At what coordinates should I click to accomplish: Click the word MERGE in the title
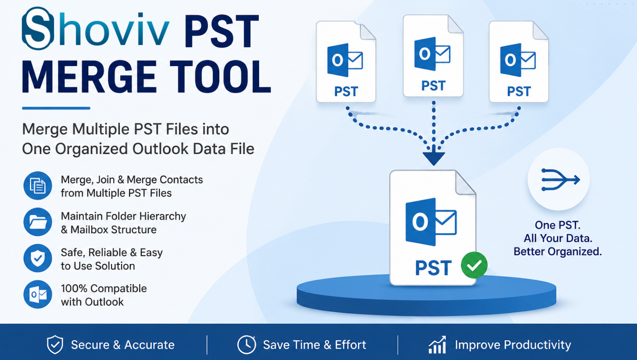point(89,77)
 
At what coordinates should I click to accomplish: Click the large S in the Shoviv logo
point(38,28)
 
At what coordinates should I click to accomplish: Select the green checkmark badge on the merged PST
point(474,265)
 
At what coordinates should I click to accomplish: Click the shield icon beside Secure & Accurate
point(55,344)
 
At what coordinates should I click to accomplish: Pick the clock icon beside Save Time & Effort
point(246,345)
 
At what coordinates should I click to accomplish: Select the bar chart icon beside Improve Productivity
point(438,345)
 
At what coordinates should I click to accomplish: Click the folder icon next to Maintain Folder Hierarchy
point(38,222)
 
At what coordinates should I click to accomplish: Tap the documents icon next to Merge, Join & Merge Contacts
point(38,186)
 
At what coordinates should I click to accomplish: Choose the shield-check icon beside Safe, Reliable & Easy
point(38,258)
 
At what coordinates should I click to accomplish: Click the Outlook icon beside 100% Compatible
point(38,294)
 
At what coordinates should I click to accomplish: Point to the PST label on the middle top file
point(433,86)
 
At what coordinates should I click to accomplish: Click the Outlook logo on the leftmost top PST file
point(345,60)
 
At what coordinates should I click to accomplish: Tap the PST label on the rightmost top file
point(519,92)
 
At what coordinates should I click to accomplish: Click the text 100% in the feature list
point(74,288)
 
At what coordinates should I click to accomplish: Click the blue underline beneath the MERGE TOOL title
point(56,108)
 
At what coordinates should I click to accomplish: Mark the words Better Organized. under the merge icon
point(558,252)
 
